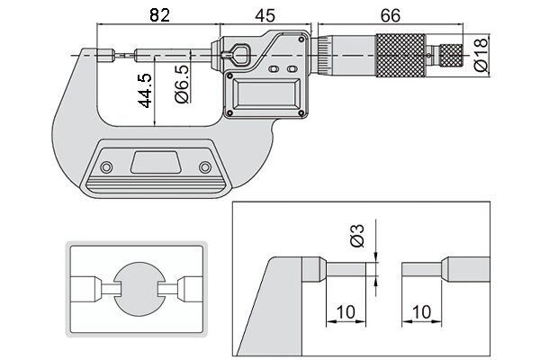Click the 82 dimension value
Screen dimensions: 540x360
(x=159, y=15)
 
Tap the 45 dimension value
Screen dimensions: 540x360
(x=265, y=15)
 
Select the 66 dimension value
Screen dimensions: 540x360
(x=391, y=15)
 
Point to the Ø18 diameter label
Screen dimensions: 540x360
(x=481, y=54)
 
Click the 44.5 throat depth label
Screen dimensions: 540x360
(x=146, y=90)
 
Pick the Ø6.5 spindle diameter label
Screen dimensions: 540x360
(x=182, y=84)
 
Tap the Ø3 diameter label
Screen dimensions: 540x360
(x=357, y=236)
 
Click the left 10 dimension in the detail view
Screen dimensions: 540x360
(x=346, y=311)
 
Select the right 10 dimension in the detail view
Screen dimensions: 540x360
(x=421, y=311)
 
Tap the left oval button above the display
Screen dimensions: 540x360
(x=274, y=69)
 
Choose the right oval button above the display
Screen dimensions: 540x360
(x=292, y=69)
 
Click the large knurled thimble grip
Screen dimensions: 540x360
(x=400, y=55)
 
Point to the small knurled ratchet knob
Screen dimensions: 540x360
(x=452, y=55)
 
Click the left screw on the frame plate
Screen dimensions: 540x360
(x=106, y=167)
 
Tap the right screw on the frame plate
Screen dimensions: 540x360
(x=205, y=167)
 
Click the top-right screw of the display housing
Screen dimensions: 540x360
(x=301, y=40)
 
